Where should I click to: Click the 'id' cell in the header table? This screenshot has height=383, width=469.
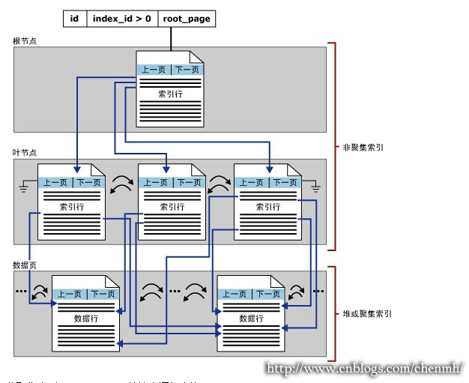75,19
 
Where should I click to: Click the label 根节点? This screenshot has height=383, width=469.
25,40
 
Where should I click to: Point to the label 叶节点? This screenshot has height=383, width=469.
25,152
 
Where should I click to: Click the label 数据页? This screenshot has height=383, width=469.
25,265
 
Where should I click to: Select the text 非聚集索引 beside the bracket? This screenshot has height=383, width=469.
363,148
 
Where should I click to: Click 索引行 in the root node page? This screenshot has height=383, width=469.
170,95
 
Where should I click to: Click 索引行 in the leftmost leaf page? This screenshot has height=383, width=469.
71,207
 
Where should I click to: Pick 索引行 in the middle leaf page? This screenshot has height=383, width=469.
172,207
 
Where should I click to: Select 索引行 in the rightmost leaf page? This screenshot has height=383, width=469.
267,207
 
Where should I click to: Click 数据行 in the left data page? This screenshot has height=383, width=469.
85,319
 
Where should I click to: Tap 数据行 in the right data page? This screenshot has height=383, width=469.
250,319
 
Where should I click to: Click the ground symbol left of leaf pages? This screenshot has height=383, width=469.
24,185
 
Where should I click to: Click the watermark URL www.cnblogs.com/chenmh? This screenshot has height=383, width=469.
365,369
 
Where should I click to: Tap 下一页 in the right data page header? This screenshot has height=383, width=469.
267,294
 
